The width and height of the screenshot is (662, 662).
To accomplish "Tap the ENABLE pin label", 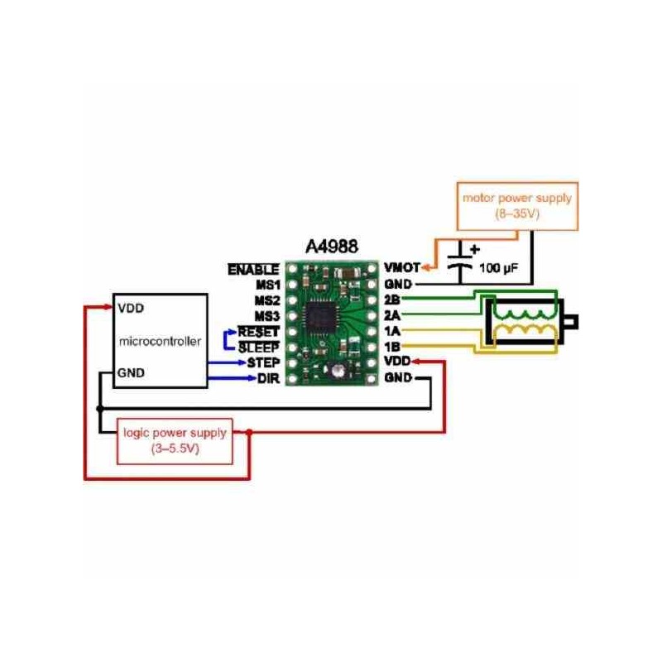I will coord(253,269).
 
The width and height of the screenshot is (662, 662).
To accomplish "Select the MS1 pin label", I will coord(266,285).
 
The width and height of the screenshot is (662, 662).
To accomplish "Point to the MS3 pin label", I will coord(266,316).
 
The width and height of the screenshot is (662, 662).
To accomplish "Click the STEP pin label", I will coord(262,362).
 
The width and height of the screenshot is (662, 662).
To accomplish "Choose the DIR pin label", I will coord(266,378).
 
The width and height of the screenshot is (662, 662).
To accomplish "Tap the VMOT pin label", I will coord(401,269).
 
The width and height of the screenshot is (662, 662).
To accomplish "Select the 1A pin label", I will coord(392,331).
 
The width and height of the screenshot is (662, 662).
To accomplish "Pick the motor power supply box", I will coord(517,205).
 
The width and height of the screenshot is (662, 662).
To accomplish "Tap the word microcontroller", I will coord(160,340).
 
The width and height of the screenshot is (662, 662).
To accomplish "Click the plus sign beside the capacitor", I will coord(474,247).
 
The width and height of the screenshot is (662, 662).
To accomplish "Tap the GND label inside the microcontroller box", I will coord(131,372).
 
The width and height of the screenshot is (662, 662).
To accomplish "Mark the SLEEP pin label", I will coord(259,348).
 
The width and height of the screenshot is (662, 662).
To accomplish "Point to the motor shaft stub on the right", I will coord(570,321).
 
